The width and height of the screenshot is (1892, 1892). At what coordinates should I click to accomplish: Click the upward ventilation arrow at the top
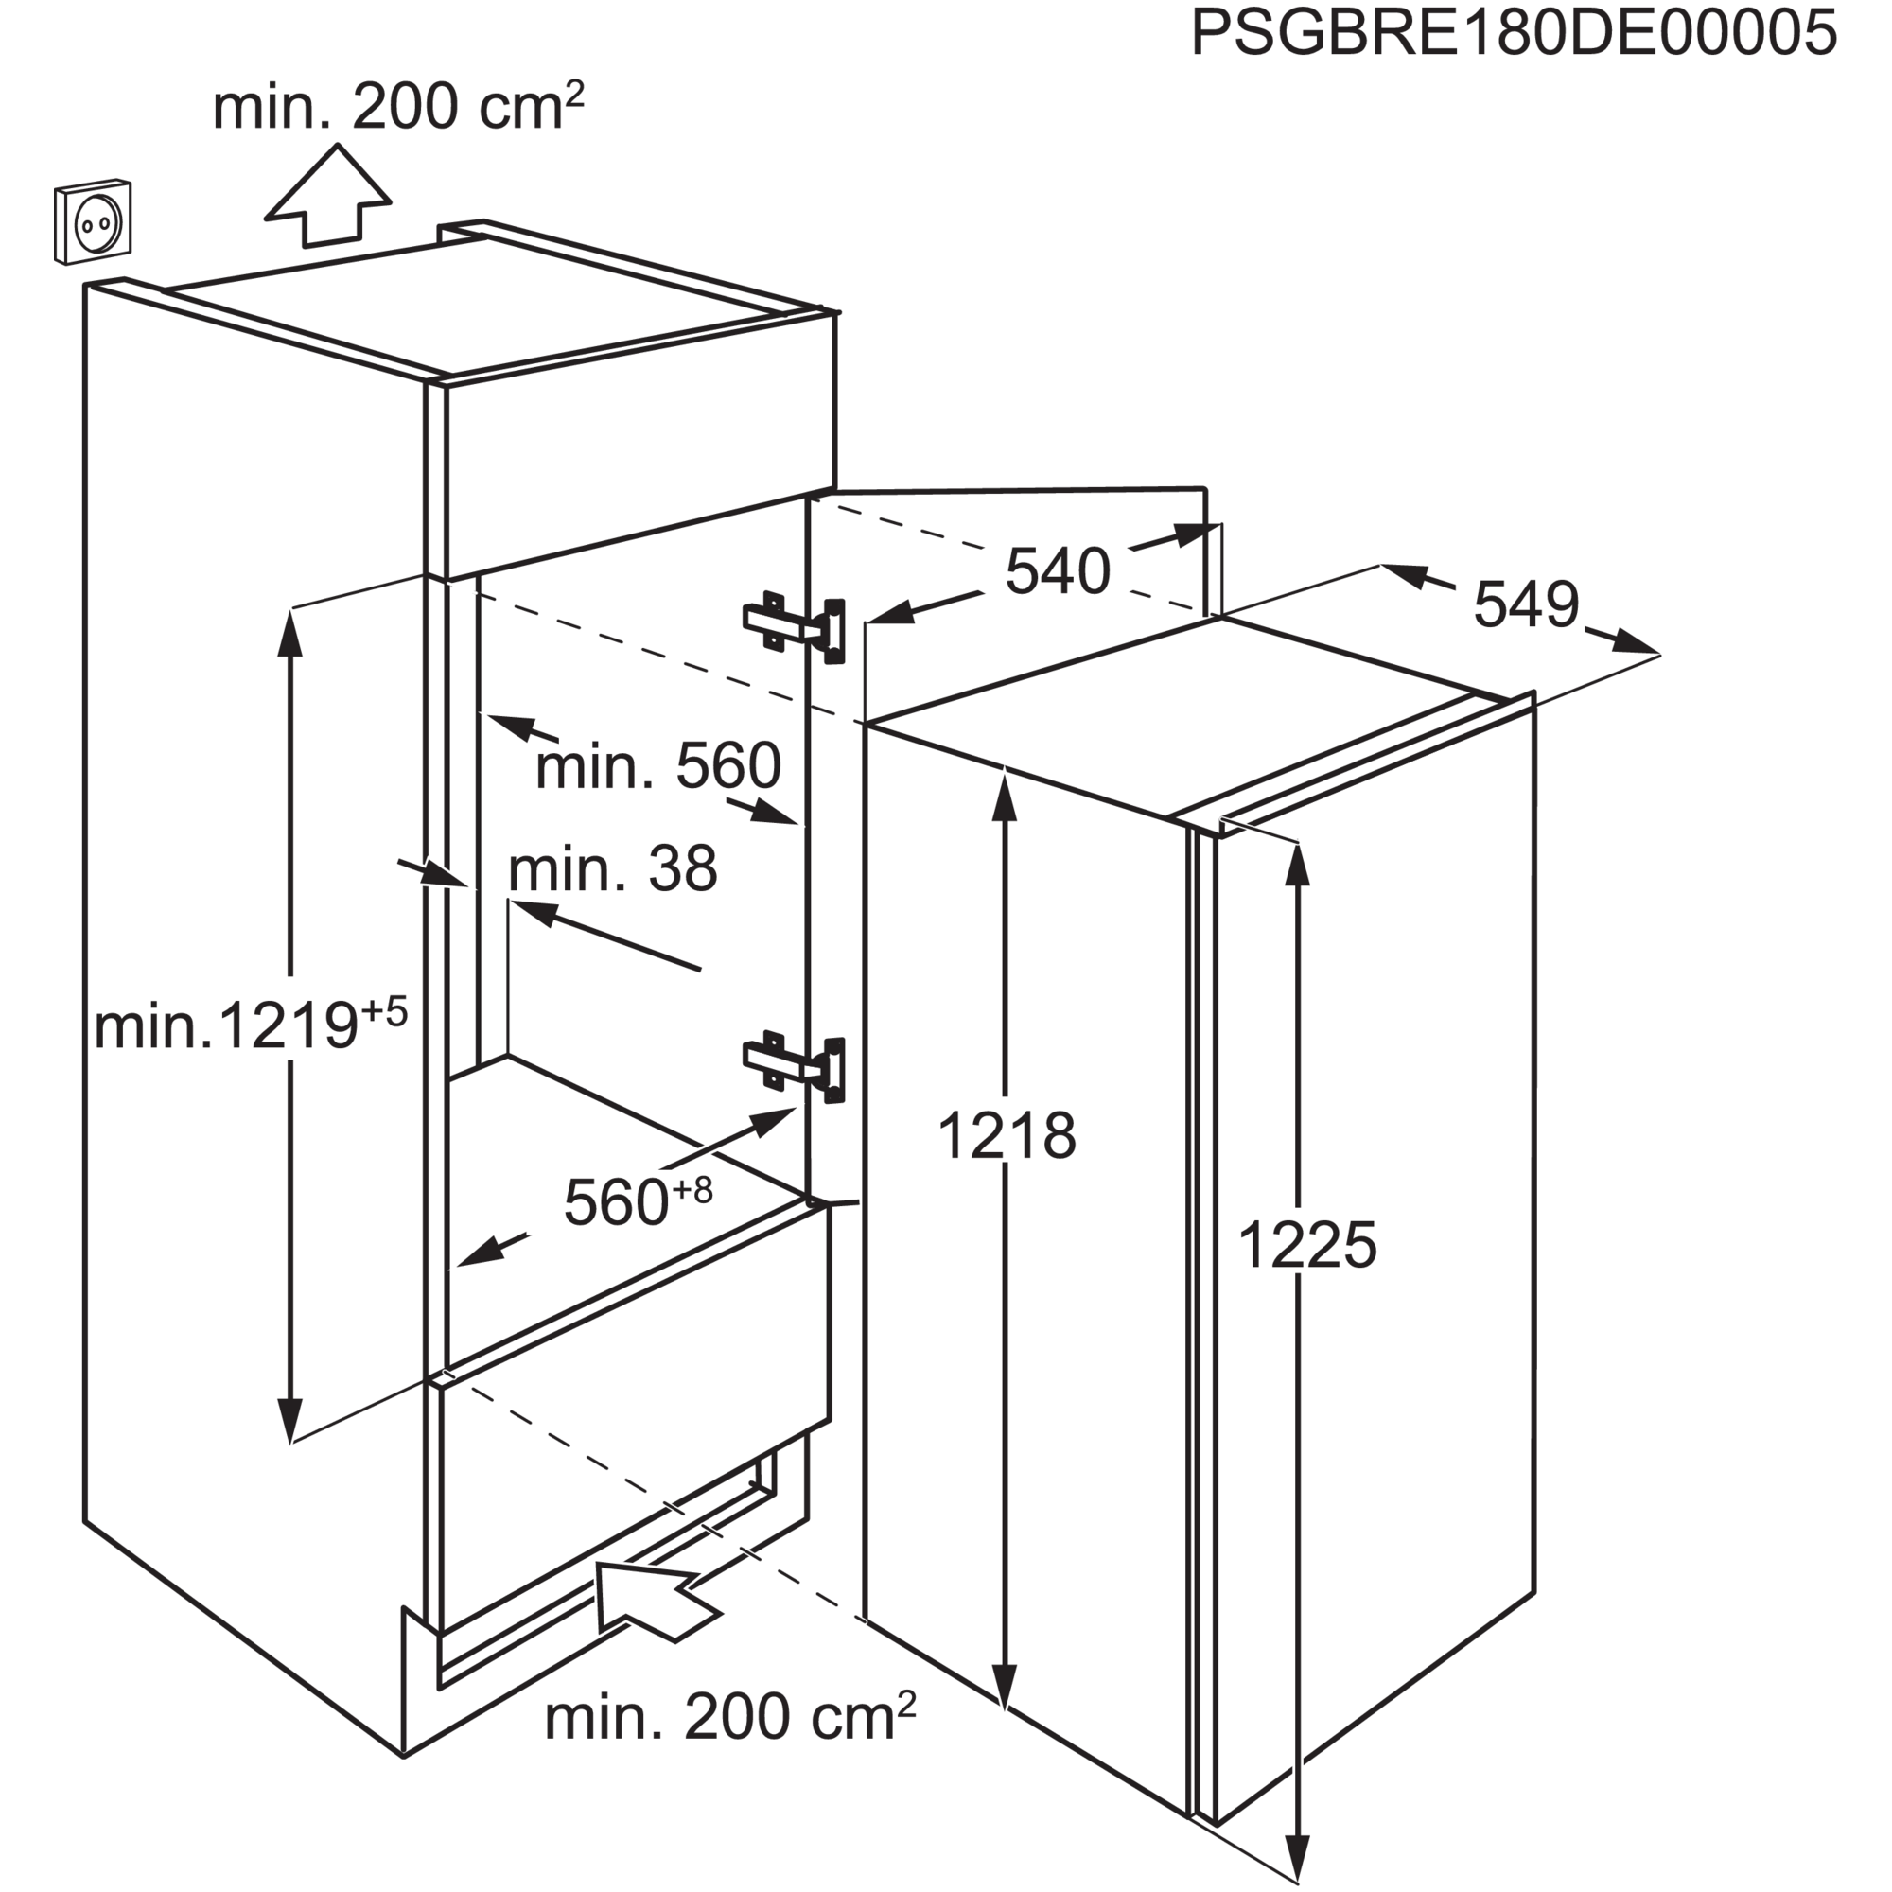pyautogui.click(x=328, y=195)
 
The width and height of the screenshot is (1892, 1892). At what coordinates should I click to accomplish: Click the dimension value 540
pyautogui.click(x=1058, y=571)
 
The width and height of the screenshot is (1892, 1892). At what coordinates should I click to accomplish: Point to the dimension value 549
pyautogui.click(x=1526, y=604)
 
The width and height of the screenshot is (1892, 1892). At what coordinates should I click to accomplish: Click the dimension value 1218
pyautogui.click(x=1007, y=1136)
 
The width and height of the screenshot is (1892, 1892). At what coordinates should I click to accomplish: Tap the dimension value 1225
pyautogui.click(x=1307, y=1246)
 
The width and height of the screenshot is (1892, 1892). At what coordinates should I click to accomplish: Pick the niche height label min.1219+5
pyautogui.click(x=251, y=1023)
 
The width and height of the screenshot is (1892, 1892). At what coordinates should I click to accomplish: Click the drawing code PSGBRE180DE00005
pyautogui.click(x=1513, y=33)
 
